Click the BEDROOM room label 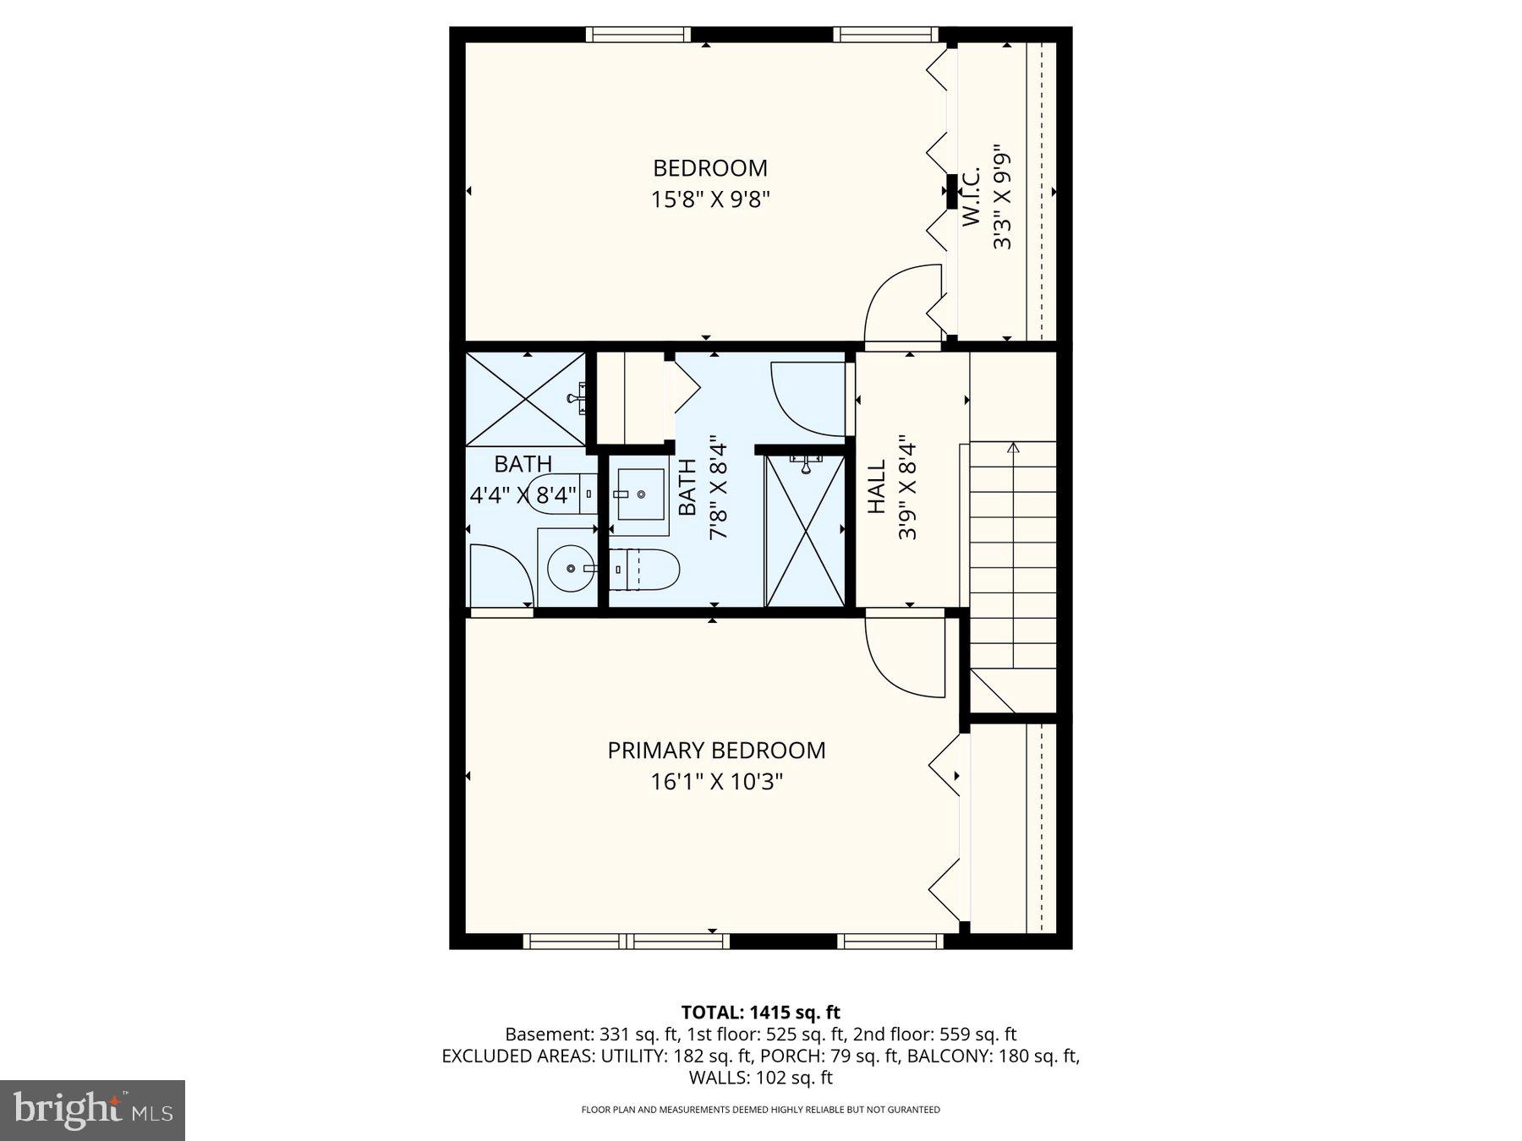point(709,168)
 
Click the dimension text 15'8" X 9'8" point(709,200)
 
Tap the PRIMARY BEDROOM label point(716,751)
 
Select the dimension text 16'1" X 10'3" point(716,782)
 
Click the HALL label point(877,487)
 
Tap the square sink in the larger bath point(639,494)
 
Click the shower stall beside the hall point(805,531)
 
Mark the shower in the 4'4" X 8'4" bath point(525,398)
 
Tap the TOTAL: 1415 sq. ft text point(760,1013)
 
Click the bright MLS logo point(92,1110)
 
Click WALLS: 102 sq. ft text point(760,1078)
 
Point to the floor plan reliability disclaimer point(760,1110)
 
